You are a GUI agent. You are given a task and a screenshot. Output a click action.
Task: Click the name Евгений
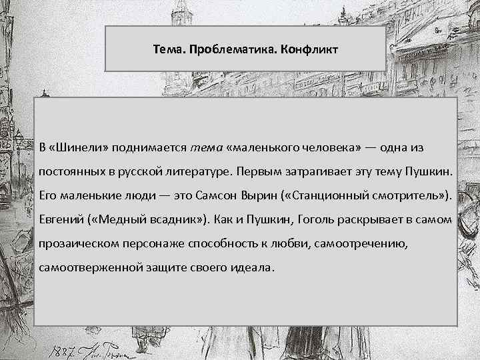[62, 219]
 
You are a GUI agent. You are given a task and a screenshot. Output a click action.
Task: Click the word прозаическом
[76, 244]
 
